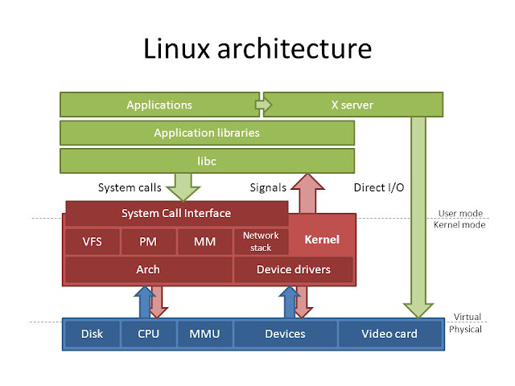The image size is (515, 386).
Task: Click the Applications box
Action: click(x=159, y=105)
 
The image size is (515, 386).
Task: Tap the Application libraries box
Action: click(x=207, y=133)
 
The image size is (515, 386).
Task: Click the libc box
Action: click(x=207, y=161)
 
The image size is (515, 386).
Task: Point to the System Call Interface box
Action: click(x=176, y=213)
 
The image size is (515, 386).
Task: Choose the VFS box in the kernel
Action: click(x=92, y=240)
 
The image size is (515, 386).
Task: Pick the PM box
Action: click(x=147, y=240)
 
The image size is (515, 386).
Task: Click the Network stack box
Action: click(x=260, y=240)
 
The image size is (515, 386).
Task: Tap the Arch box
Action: click(x=147, y=269)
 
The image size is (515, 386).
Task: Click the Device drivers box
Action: click(x=293, y=269)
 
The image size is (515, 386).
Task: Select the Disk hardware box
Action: click(x=92, y=334)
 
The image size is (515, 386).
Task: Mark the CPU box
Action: click(x=147, y=334)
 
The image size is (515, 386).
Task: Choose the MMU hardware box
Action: click(x=204, y=334)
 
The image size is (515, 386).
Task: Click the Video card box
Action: click(x=389, y=334)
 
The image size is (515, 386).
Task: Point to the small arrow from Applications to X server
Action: click(x=262, y=105)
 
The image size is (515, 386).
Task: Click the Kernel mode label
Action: click(x=459, y=226)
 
